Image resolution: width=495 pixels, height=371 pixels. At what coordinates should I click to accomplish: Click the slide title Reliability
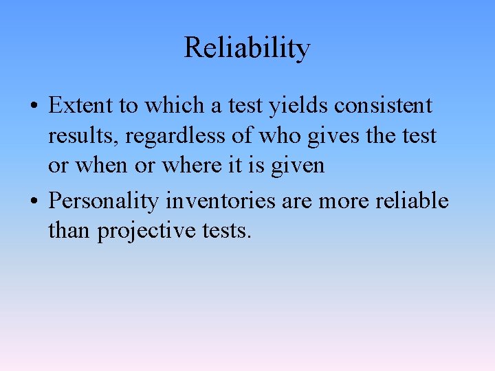[x=247, y=48]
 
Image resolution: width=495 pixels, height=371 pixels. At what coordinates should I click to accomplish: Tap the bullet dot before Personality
[x=34, y=202]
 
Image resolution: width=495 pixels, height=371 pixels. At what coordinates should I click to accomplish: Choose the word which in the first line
[x=178, y=106]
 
